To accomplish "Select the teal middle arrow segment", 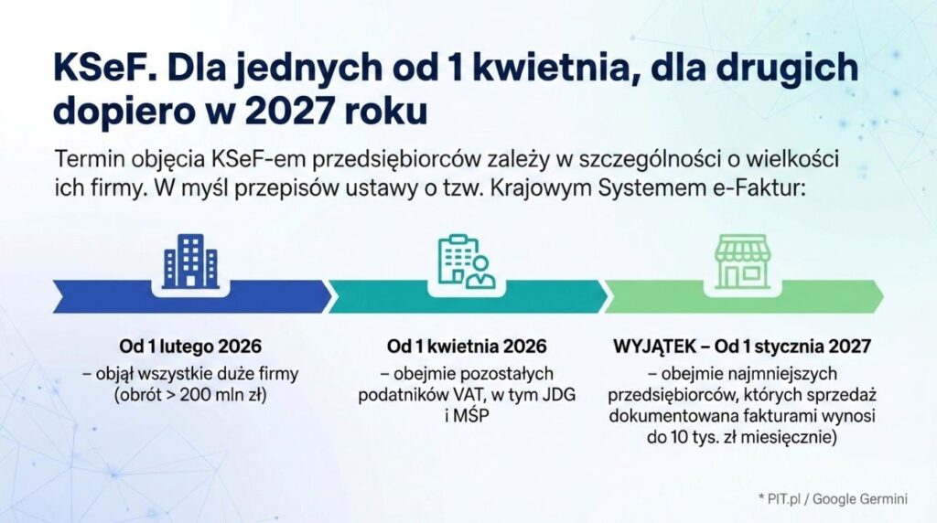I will [467, 296].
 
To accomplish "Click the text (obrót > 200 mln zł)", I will [190, 396].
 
